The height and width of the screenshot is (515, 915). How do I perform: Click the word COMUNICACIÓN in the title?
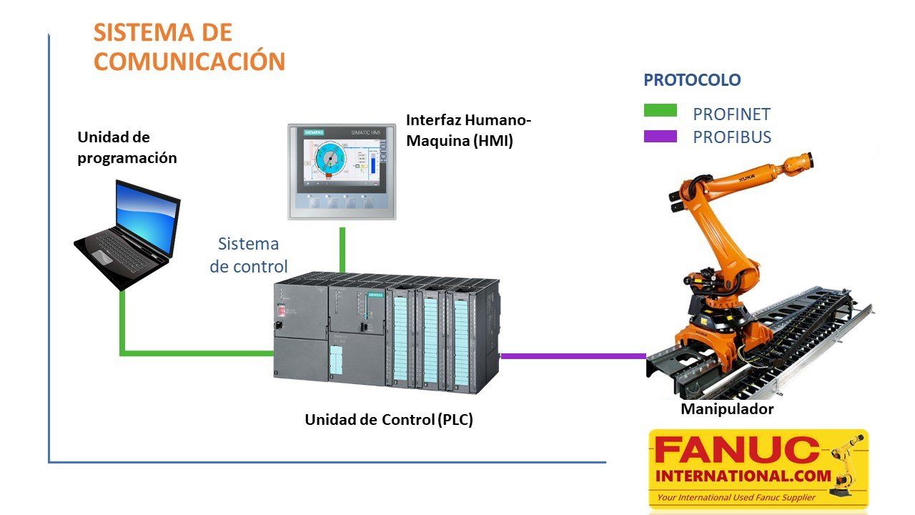tap(189, 61)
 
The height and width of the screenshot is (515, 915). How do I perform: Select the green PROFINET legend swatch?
tap(660, 110)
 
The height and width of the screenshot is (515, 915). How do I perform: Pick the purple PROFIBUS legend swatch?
tap(660, 136)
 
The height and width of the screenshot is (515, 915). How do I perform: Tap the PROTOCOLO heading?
tap(692, 80)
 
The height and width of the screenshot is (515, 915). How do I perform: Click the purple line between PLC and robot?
tap(572, 355)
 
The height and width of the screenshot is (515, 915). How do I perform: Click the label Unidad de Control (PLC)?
tap(389, 420)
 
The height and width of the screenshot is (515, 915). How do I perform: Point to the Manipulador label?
tap(727, 409)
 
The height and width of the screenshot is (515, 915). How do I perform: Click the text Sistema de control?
tap(248, 255)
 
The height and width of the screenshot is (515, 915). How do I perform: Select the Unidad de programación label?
tap(127, 147)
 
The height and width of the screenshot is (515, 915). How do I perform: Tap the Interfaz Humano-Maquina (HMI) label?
tap(468, 130)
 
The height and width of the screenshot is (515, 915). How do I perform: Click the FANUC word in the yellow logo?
tap(736, 451)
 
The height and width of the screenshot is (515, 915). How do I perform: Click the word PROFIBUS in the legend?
tap(731, 137)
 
